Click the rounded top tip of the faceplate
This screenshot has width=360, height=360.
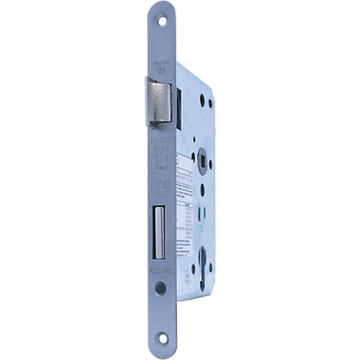pyautogui.click(x=158, y=7)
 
